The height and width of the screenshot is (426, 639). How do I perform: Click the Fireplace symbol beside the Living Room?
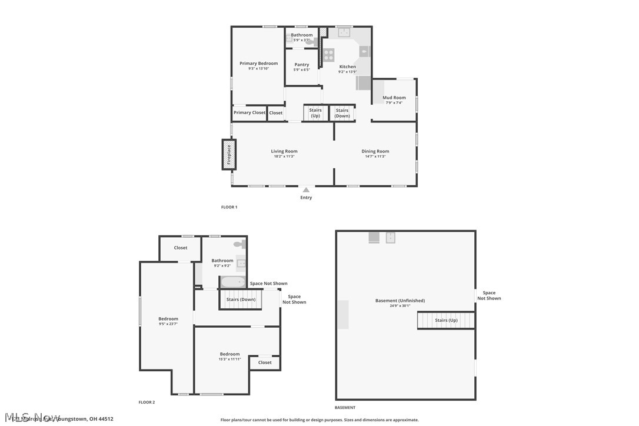[x=229, y=154]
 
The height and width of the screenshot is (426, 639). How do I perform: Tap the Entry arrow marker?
[x=306, y=189]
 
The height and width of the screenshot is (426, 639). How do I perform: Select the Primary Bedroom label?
[x=258, y=64]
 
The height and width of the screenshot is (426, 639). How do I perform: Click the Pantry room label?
[x=302, y=65]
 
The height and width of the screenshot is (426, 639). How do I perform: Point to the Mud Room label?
[x=394, y=98]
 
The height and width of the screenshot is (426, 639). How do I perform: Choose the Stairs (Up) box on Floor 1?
[x=315, y=113]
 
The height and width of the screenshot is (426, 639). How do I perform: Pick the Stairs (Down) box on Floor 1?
[x=342, y=113]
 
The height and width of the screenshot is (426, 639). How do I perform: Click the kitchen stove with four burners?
[x=328, y=55]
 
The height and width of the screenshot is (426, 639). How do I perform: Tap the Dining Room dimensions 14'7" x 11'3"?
[x=375, y=157]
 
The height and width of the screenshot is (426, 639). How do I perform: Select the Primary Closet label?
[x=249, y=112]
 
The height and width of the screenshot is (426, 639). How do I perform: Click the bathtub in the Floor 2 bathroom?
[x=233, y=282]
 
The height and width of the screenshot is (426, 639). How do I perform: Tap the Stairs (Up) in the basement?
[x=446, y=320]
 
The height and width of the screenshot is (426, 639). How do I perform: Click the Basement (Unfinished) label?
[x=400, y=301]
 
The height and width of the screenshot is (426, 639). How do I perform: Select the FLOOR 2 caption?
[x=147, y=402]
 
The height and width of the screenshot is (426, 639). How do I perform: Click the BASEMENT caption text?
[x=345, y=407]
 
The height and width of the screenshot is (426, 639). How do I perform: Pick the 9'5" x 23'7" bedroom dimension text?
[x=168, y=324]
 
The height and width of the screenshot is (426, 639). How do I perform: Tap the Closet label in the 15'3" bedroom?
[x=265, y=362]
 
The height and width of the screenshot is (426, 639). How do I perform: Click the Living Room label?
[x=284, y=151]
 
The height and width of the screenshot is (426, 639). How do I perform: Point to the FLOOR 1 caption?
[x=229, y=207]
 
